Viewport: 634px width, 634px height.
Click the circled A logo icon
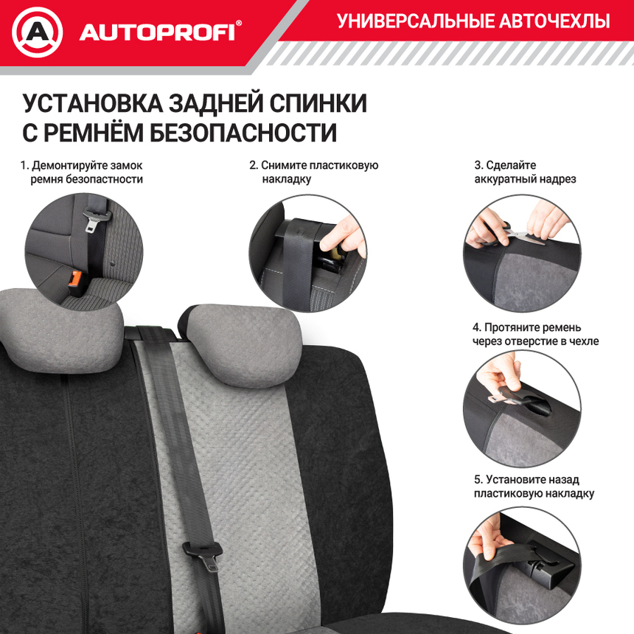pos(38,32)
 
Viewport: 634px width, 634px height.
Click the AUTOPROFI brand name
pos(156,32)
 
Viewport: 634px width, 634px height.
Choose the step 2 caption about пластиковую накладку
pos(313,172)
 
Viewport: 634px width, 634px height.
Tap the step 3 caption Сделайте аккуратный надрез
pos(525,172)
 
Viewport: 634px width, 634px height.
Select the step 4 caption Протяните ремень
pos(535,334)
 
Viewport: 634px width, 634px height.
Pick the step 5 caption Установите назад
pos(534,487)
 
